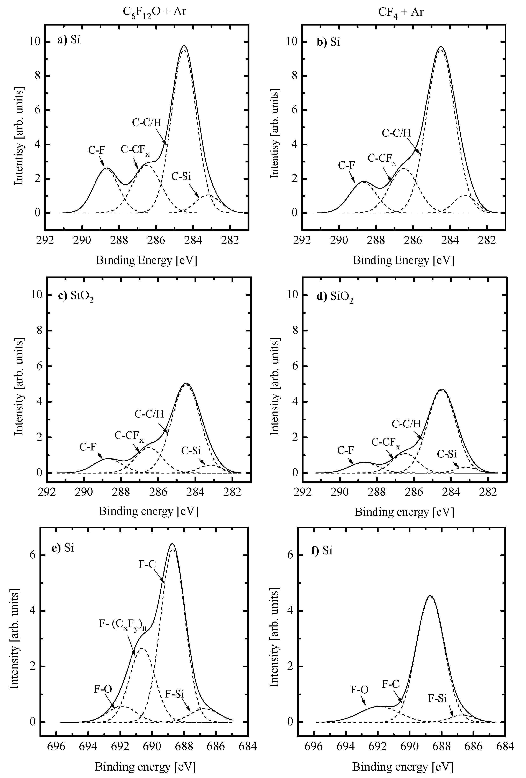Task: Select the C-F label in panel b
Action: click(346, 165)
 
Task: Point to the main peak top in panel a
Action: click(184, 46)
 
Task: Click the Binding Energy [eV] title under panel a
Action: click(146, 260)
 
